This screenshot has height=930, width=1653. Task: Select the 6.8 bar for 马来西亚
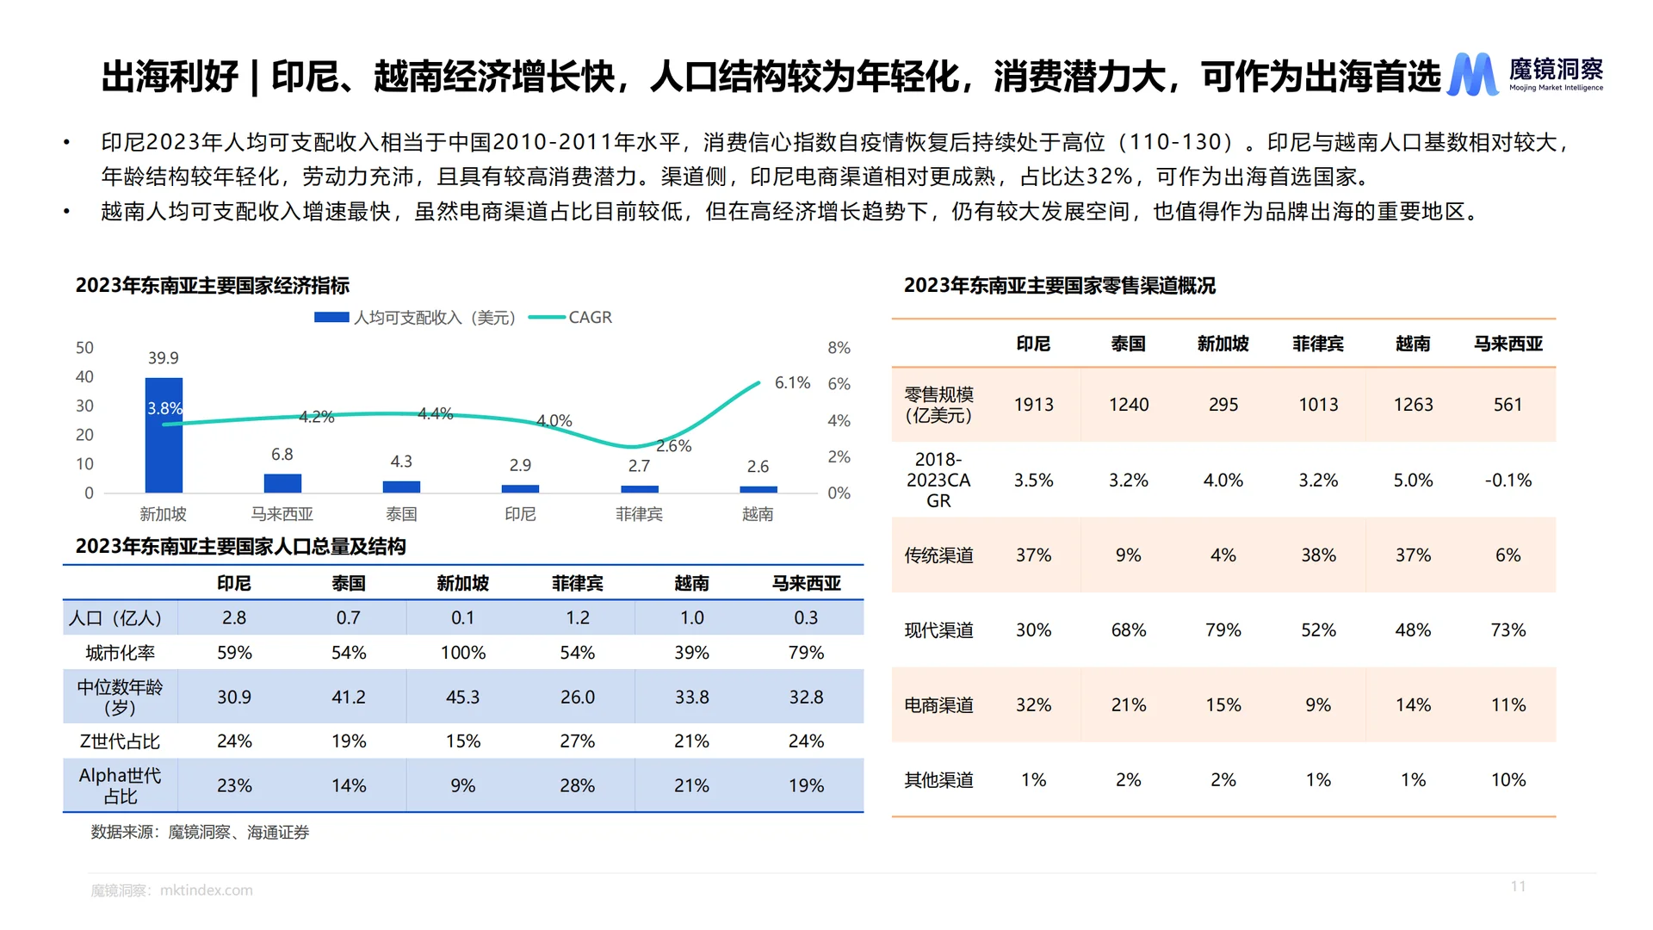pyautogui.click(x=282, y=483)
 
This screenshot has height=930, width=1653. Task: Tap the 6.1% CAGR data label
pyautogui.click(x=792, y=382)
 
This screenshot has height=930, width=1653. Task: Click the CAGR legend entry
pyautogui.click(x=571, y=318)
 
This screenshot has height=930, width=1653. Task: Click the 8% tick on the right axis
pyautogui.click(x=839, y=348)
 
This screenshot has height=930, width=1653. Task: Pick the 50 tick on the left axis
pyautogui.click(x=84, y=348)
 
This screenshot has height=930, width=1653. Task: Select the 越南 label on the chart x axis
pyautogui.click(x=758, y=514)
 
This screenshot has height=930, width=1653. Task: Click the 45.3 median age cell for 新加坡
pyautogui.click(x=463, y=697)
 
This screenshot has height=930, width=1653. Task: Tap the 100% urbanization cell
pyautogui.click(x=463, y=653)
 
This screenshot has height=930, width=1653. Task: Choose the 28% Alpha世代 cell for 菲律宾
pyautogui.click(x=577, y=785)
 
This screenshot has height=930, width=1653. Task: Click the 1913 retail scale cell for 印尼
pyautogui.click(x=1033, y=405)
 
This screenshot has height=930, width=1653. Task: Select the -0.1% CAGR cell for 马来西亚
pyautogui.click(x=1508, y=480)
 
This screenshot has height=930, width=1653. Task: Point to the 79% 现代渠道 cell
pyautogui.click(x=1223, y=630)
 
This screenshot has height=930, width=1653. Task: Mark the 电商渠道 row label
pyautogui.click(x=938, y=705)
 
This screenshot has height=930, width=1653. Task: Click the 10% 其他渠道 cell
pyautogui.click(x=1508, y=780)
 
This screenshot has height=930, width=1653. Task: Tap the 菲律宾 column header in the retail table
pyautogui.click(x=1317, y=344)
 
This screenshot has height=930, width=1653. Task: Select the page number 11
pyautogui.click(x=1518, y=886)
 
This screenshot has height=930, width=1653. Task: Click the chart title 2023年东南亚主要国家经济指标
pyautogui.click(x=213, y=286)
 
